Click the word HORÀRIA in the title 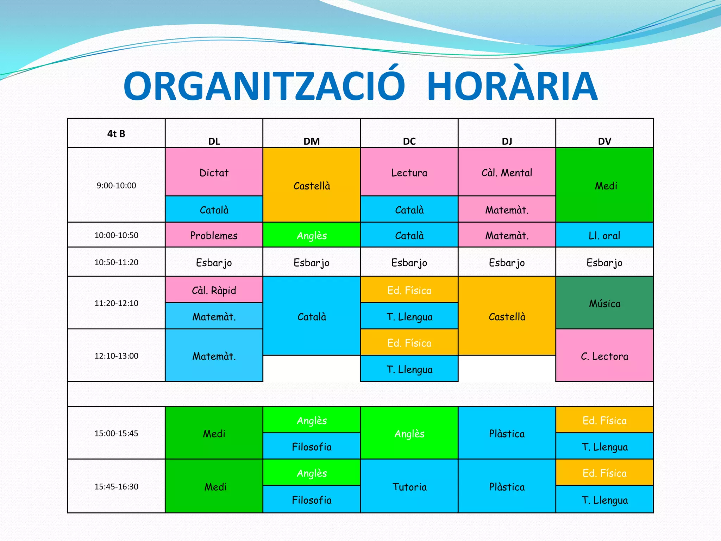(512, 87)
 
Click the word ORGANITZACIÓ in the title (264, 87)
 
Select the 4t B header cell (116, 133)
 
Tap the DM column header (312, 141)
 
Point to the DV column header (604, 141)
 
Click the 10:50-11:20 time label (116, 262)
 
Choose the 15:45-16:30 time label (116, 487)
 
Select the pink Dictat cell (214, 173)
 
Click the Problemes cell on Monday (214, 235)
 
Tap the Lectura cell (409, 173)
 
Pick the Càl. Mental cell (507, 173)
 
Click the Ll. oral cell (604, 235)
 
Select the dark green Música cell (604, 303)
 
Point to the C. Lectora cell (604, 356)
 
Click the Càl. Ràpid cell (214, 290)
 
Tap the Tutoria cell (409, 487)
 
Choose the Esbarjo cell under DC (409, 262)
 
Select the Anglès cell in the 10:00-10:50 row (312, 235)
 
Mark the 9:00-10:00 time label (116, 186)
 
